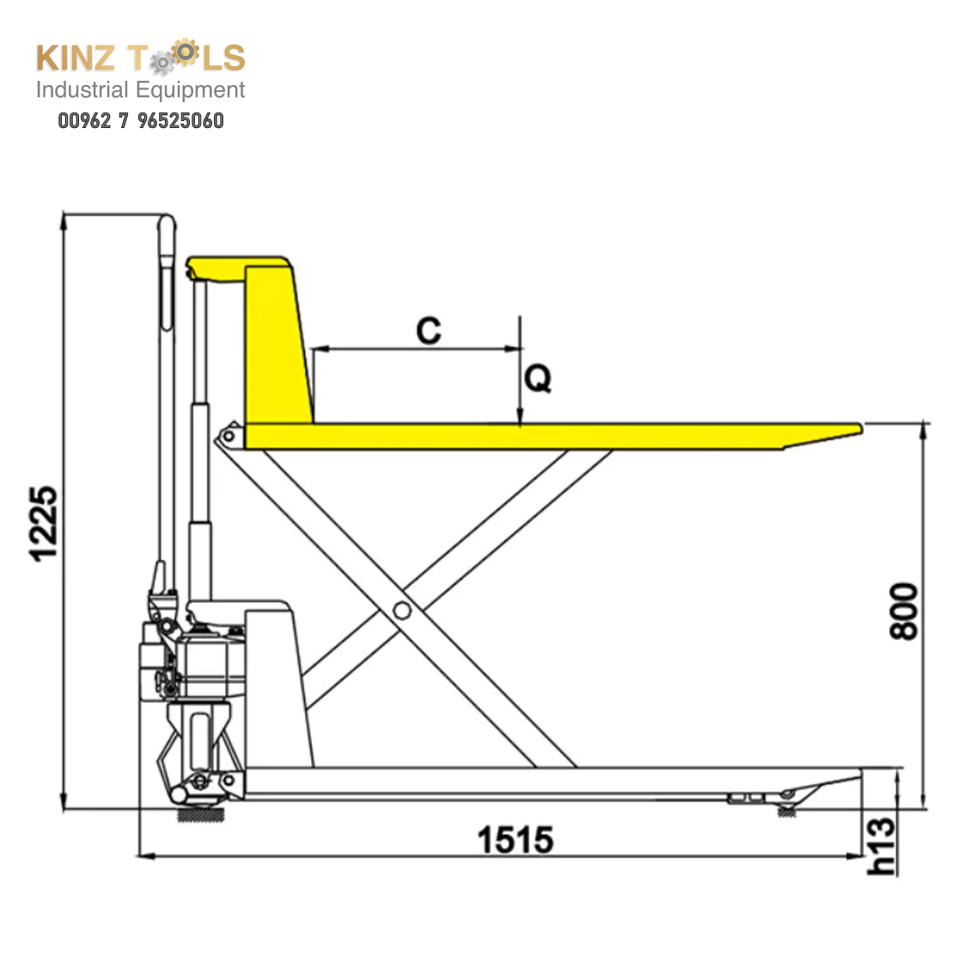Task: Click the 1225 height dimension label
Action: pyautogui.click(x=44, y=524)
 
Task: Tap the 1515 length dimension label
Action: pyautogui.click(x=515, y=840)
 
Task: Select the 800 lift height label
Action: pyautogui.click(x=904, y=611)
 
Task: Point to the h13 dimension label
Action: pyautogui.click(x=881, y=846)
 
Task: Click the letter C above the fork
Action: pyautogui.click(x=429, y=330)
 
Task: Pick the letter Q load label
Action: pyautogui.click(x=538, y=378)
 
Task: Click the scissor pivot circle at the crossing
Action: pyautogui.click(x=402, y=611)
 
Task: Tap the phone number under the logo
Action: pyautogui.click(x=141, y=120)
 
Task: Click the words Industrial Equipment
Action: pyautogui.click(x=140, y=90)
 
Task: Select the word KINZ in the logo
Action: pyautogui.click(x=76, y=58)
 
